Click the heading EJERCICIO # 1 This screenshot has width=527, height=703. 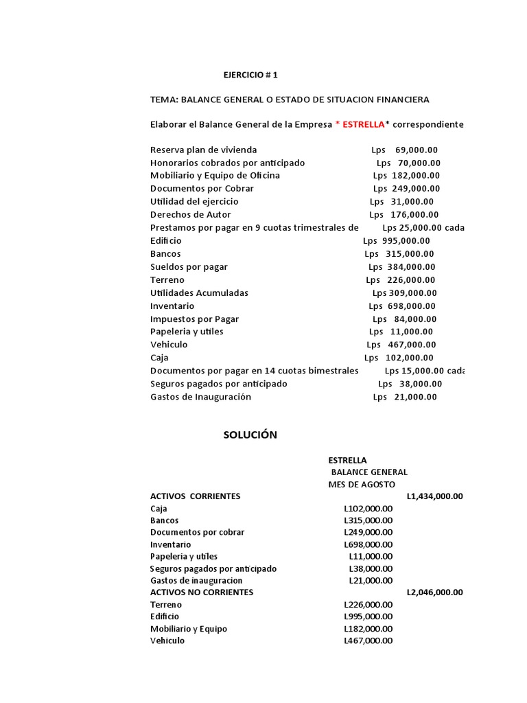(x=251, y=74)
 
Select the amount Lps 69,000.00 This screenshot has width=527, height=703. (x=404, y=150)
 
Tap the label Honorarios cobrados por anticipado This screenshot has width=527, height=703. (x=227, y=163)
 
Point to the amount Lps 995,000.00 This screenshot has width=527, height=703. (x=397, y=241)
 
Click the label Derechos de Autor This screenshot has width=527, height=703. (x=191, y=215)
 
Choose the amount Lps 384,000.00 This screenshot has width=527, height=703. (x=401, y=267)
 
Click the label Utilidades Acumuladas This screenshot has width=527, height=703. (x=199, y=293)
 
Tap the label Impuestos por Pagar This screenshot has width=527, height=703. (x=194, y=319)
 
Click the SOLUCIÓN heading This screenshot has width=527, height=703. (x=250, y=435)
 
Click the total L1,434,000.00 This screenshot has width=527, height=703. (x=434, y=496)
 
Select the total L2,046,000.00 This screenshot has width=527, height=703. (x=434, y=592)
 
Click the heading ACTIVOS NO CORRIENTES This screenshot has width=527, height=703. (x=202, y=592)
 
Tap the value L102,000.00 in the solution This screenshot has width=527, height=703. (x=368, y=509)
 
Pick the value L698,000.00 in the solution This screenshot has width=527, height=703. (x=368, y=544)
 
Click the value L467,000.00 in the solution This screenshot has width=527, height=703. (x=368, y=641)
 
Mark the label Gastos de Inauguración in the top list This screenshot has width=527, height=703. (x=200, y=397)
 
